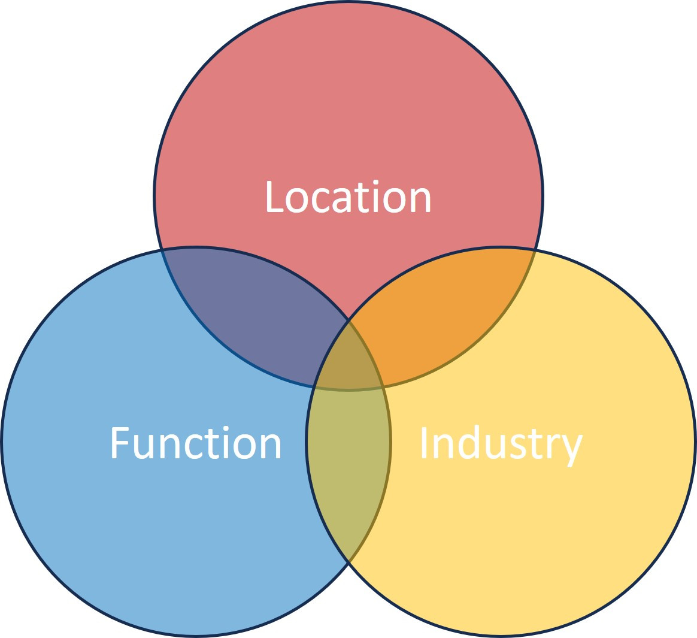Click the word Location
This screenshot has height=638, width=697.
348,197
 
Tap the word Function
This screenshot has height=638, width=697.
196,443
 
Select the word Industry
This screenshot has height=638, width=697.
501,443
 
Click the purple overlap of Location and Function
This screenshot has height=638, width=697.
251,318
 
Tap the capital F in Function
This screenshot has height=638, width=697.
120,443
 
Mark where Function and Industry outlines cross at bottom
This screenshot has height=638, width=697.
348,562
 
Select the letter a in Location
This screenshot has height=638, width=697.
339,201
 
